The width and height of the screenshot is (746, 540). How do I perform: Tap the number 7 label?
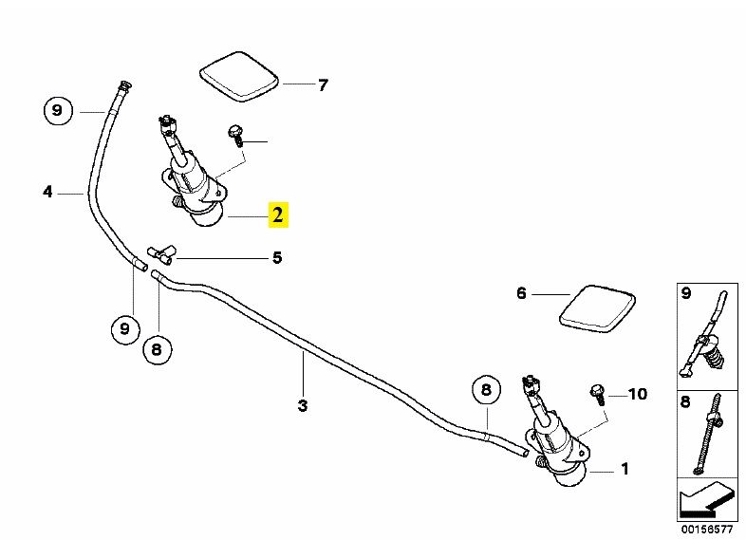323,85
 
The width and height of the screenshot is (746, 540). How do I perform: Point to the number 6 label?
521,294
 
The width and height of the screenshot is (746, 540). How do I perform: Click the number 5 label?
277,257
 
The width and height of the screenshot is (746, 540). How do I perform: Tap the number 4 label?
47,193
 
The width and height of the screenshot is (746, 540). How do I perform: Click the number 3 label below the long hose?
303,406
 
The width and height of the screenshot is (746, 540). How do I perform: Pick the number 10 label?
637,393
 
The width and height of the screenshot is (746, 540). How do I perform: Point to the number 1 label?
625,469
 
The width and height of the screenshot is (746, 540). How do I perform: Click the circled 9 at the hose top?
57,111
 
